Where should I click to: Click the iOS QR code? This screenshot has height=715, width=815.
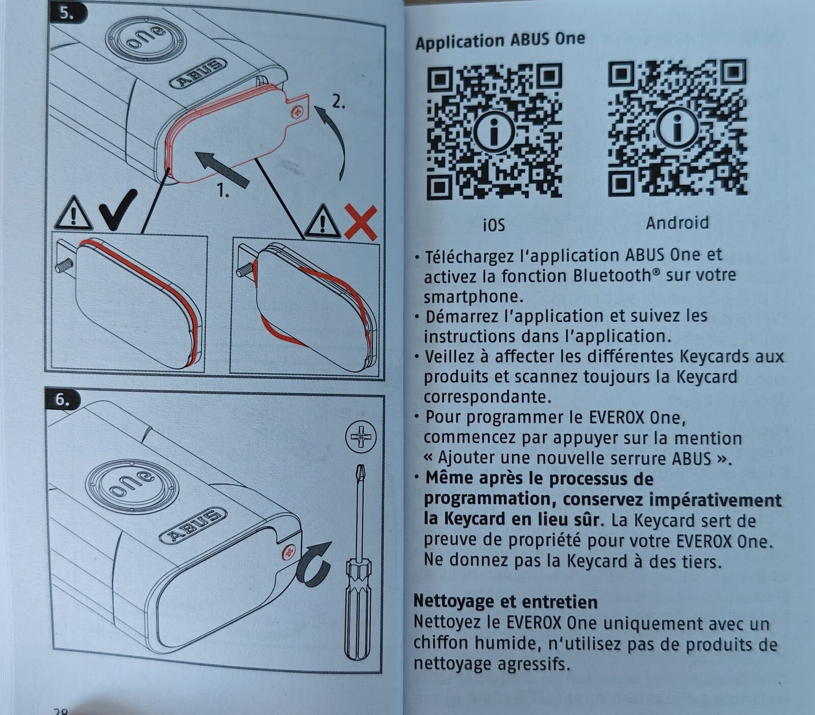pos(494,132)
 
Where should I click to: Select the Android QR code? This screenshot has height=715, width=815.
pos(677,128)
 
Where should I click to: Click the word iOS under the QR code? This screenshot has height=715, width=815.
pos(494,225)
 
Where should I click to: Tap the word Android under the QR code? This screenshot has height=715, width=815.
pos(677,223)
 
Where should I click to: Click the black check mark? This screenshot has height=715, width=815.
pos(118,209)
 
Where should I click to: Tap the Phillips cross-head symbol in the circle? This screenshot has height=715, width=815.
pos(361,437)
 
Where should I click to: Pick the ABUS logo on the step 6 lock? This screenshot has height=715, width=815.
pos(193,524)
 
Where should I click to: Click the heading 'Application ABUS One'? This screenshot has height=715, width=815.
pos(500,40)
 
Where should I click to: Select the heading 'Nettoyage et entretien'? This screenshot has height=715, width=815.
pos(505,601)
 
